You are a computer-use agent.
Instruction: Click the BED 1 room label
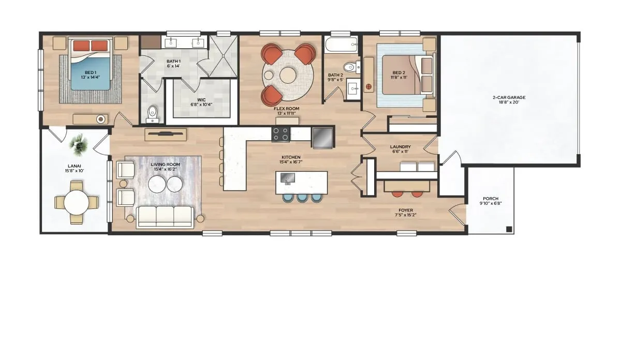click(90, 74)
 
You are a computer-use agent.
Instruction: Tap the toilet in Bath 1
click(152, 113)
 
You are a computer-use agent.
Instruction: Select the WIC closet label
click(201, 102)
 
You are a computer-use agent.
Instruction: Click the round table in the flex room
click(287, 74)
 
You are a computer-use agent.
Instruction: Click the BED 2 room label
click(399, 74)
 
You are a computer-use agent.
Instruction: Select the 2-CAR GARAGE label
click(509, 99)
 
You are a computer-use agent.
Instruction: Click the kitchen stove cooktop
click(281, 133)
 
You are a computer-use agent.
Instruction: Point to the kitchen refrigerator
click(322, 138)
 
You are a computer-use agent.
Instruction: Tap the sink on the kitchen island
click(287, 178)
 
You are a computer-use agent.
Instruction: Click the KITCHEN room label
click(291, 159)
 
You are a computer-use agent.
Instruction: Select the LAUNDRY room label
click(400, 149)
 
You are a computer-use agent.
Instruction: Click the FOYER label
click(406, 213)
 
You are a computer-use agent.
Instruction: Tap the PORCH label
click(490, 201)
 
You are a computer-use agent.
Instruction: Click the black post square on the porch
click(509, 229)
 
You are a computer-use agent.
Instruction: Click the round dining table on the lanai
click(77, 202)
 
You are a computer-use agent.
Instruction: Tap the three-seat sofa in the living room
click(165, 217)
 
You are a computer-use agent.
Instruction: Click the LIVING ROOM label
click(165, 167)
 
